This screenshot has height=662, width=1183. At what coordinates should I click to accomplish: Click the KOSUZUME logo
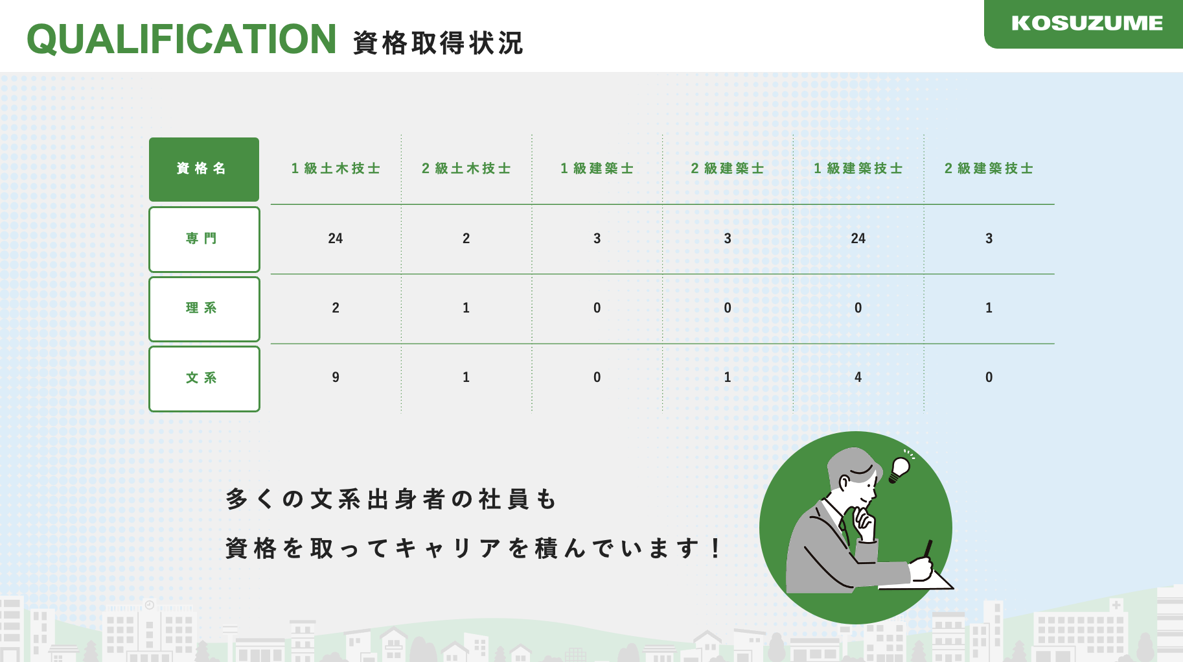(x=1086, y=23)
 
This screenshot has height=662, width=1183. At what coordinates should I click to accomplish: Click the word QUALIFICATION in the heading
(x=181, y=39)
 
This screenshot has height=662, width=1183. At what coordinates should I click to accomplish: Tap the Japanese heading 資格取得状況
(x=438, y=43)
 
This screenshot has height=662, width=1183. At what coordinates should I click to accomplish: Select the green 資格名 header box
(x=204, y=169)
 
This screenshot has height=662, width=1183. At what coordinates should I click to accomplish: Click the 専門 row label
(x=204, y=239)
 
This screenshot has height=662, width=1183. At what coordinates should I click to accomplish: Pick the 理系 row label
(x=204, y=309)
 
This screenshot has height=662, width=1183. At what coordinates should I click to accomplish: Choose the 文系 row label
(x=204, y=379)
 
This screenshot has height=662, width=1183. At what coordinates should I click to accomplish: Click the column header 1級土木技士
(x=336, y=169)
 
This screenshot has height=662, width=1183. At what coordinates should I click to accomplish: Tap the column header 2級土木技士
(x=466, y=169)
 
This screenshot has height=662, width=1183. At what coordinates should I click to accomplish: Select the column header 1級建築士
(x=597, y=169)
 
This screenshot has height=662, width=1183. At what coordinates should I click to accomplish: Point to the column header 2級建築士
(x=728, y=169)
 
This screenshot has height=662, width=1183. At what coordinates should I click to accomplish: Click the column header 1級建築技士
(x=858, y=169)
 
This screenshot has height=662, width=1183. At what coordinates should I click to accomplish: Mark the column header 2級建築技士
(x=989, y=169)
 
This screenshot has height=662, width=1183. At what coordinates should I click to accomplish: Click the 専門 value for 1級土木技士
(x=336, y=239)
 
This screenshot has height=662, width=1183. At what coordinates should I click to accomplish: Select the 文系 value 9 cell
(x=336, y=377)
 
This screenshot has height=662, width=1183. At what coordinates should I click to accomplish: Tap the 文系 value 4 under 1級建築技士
(x=858, y=377)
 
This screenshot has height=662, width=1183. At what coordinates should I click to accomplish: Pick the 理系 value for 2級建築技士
(x=989, y=308)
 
